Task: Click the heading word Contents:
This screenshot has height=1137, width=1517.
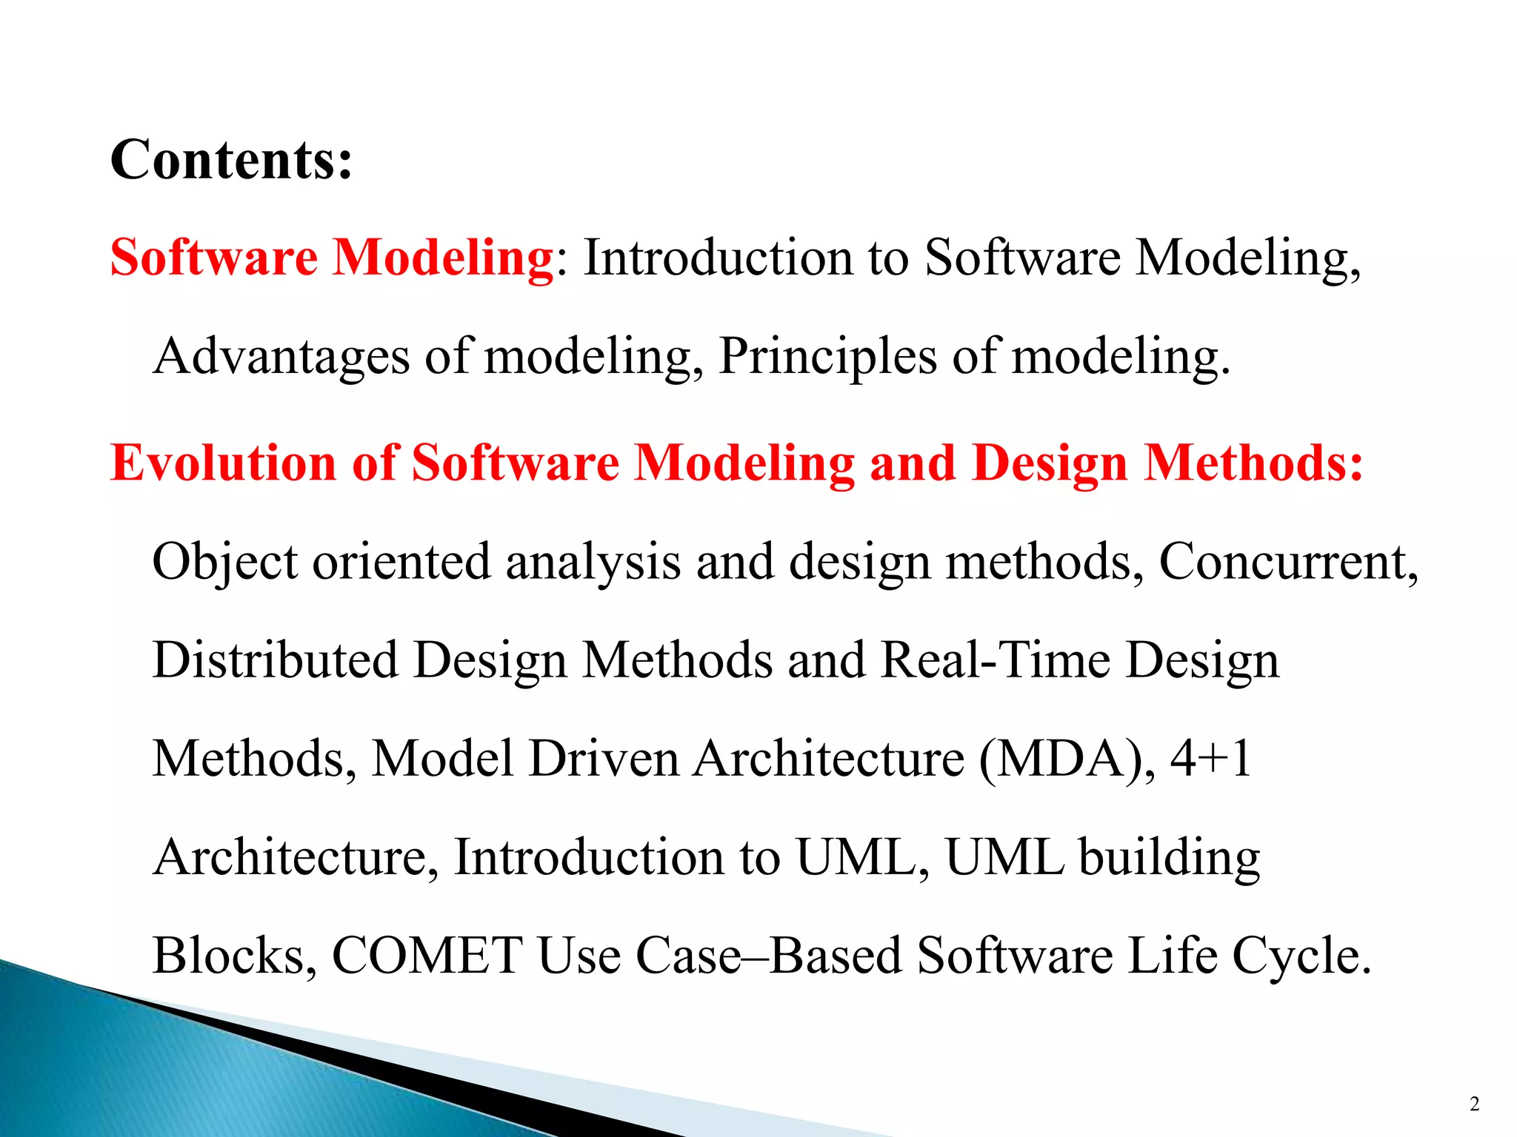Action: point(231,160)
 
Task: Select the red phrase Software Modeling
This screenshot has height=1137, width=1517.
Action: point(332,258)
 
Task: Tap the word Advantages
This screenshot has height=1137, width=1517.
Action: point(281,357)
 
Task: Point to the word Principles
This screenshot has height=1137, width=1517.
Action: point(827,357)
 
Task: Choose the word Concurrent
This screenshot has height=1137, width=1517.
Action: point(1287,562)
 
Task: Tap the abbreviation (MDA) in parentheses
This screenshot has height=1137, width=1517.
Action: point(1066,759)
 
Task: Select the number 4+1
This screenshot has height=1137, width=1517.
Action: point(1210,759)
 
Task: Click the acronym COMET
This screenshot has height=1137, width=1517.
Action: point(427,956)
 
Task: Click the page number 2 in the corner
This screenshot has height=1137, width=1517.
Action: point(1474,1104)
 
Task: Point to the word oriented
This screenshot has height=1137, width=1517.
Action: point(401,562)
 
